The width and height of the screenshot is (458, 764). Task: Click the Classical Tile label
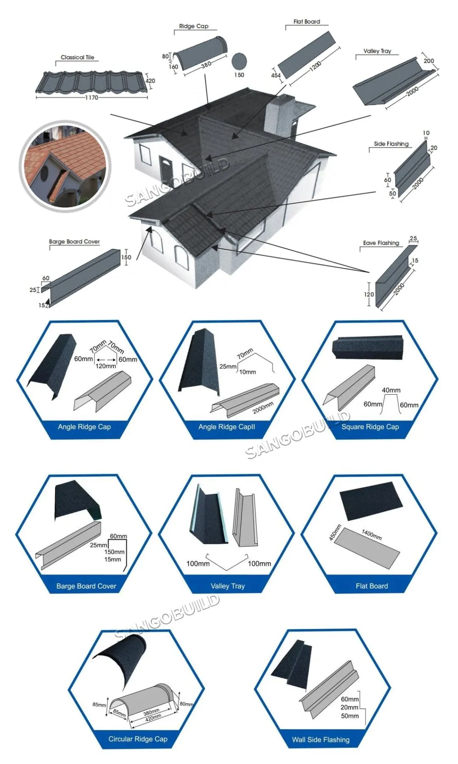pos(78,57)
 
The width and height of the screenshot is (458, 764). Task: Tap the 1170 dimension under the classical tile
pos(92,98)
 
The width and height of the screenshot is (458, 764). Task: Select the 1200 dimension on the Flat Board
pos(316,66)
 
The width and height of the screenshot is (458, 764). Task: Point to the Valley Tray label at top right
pos(377,51)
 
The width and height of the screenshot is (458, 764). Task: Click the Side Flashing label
pos(391,144)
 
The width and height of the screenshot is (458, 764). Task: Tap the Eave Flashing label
pos(381,243)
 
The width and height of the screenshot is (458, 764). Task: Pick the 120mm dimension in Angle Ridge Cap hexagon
pos(106,366)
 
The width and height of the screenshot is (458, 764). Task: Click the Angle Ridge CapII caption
pos(227,427)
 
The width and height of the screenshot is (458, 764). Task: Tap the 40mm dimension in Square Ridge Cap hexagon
pos(391,390)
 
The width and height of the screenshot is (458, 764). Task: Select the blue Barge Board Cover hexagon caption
pos(86,586)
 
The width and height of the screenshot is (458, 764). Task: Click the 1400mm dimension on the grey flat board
pos(371,534)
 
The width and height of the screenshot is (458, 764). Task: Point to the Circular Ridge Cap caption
pos(138,739)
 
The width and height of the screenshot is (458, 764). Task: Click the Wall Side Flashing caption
pos(321,740)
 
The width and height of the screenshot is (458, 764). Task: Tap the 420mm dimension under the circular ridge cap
pos(153,716)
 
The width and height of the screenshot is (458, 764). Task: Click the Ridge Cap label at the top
pos(194,26)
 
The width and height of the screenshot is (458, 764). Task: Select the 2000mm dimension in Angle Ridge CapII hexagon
pos(263,408)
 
